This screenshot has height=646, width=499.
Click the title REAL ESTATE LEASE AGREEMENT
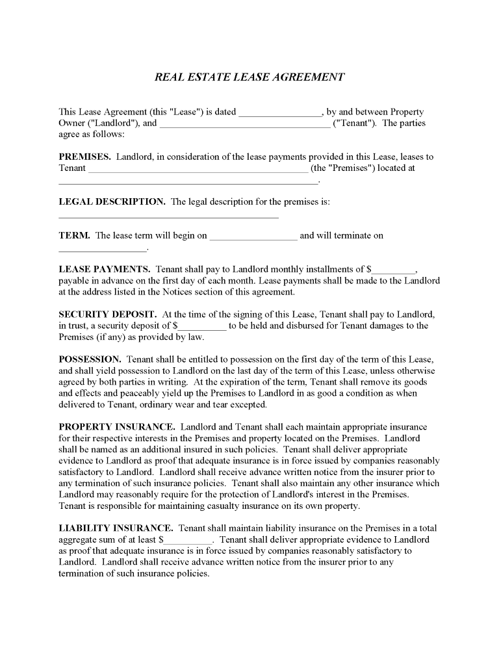pos(249,77)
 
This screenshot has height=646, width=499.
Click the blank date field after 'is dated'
pos(280,112)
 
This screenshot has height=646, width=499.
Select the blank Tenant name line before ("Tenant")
pos(245,123)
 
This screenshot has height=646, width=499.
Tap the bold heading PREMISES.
pos(84,157)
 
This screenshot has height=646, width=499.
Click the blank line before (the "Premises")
pos(198,168)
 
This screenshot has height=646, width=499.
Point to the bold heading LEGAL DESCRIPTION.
pos(112,201)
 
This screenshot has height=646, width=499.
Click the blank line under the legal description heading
pos(168,216)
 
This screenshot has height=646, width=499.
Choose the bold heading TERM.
pos(74,235)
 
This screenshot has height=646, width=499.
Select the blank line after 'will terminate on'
pos(103,248)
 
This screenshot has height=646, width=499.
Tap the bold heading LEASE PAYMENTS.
pos(105,269)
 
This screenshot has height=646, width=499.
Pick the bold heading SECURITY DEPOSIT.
pos(107,314)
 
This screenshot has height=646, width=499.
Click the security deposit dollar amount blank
pos(202,326)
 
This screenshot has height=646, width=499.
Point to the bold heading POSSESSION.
pos(90,359)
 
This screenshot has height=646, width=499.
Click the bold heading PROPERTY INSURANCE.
pos(116,427)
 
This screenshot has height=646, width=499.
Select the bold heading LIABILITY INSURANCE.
pos(116,528)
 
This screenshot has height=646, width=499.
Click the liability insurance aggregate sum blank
pos(188,540)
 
